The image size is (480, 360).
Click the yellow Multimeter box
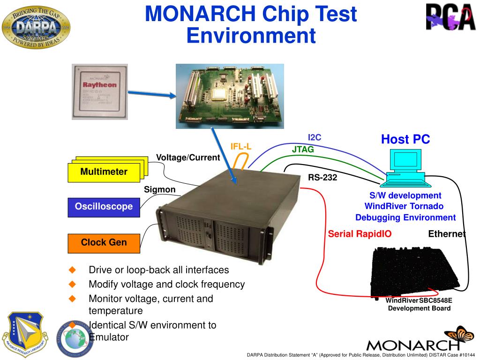coord(104,172)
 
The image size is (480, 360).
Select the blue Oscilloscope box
coord(104,207)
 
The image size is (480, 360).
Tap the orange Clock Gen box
coord(104,243)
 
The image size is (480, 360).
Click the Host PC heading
coord(405,139)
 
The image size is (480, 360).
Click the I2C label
coord(315,137)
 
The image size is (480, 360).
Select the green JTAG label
coord(303,150)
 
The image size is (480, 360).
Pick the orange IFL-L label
coord(241,147)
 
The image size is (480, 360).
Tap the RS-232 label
coord(322,178)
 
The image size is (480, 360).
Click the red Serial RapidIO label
coord(360,234)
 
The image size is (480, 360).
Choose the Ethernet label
coord(447,234)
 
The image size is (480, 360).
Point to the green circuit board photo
coord(230,96)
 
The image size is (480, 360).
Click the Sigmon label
coord(159,189)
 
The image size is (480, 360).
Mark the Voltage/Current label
coord(188,157)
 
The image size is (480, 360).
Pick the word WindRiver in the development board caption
coord(402,300)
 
